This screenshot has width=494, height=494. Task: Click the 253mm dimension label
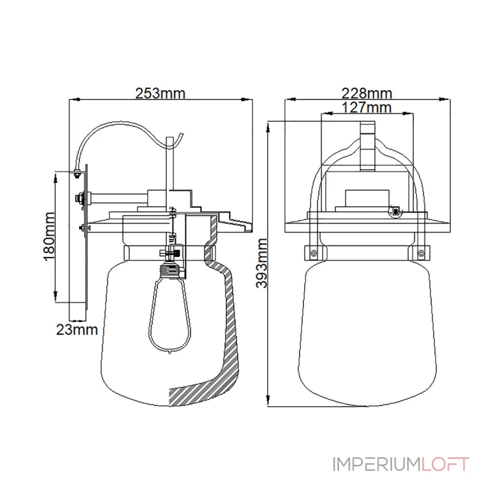160,93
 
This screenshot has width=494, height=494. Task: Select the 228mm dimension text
367,93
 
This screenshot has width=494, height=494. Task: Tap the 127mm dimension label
367,107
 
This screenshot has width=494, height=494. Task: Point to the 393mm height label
262,263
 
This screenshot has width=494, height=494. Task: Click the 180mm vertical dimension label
49,237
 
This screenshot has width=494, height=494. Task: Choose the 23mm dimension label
77,330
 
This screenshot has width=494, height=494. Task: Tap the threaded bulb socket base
172,271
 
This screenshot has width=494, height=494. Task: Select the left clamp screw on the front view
313,253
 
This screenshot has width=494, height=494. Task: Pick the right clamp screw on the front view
421,253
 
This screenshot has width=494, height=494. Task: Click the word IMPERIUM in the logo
377,464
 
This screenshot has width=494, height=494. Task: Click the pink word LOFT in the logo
445,464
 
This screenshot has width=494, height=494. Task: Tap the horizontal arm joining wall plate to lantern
119,198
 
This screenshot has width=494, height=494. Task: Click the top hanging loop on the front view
367,146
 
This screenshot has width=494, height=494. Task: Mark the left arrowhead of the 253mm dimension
73,99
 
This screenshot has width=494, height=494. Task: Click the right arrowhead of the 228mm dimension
445,99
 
